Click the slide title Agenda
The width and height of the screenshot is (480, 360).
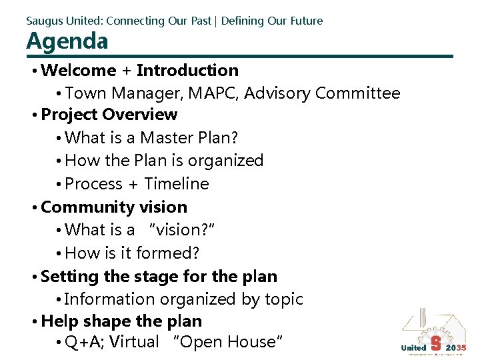(67, 41)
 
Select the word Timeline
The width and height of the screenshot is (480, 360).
(177, 184)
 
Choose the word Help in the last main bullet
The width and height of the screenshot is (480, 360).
(57, 321)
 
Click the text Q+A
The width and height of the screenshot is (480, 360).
(85, 342)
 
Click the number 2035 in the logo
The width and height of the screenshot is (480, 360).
(457, 348)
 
